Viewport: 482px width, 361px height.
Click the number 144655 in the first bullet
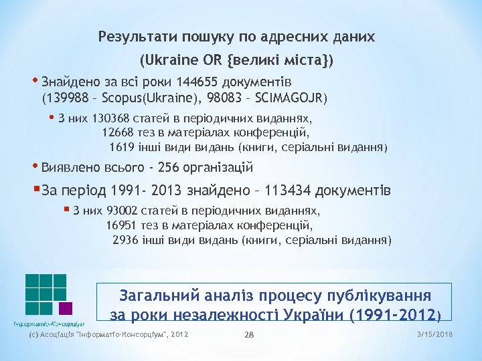pos(199,83)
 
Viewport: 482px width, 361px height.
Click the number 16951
pos(121,225)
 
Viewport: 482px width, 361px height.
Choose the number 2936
pos(127,239)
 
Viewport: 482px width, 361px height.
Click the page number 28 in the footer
pos(250,334)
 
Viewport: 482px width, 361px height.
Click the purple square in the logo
pos(65,308)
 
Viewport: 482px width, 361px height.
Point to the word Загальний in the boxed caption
pos(155,295)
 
